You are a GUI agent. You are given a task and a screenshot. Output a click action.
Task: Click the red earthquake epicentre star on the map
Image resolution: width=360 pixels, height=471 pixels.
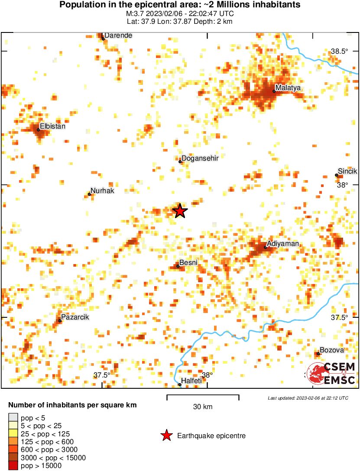click(x=180, y=211)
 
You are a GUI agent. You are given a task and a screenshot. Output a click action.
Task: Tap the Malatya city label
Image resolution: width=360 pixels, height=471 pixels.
click(x=289, y=88)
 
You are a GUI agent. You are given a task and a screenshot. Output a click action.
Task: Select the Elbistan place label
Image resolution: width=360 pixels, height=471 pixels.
click(x=53, y=126)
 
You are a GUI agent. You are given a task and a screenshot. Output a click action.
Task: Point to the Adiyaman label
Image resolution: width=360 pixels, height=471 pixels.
click(x=283, y=244)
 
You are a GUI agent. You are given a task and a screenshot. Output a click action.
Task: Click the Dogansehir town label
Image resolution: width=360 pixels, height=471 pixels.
click(x=200, y=158)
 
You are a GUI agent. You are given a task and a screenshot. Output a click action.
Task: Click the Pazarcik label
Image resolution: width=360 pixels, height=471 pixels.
click(x=75, y=317)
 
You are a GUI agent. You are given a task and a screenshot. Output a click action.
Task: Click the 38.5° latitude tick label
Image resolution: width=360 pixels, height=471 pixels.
click(x=340, y=51)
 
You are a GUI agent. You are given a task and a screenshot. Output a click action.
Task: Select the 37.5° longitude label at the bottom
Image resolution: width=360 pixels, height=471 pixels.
click(x=102, y=375)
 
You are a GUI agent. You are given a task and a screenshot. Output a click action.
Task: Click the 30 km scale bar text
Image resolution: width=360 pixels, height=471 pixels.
click(x=203, y=407)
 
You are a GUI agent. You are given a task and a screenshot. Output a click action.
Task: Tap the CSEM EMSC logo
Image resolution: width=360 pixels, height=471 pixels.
click(x=332, y=373)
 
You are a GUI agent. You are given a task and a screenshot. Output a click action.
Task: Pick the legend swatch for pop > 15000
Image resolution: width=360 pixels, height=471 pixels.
click(x=13, y=466)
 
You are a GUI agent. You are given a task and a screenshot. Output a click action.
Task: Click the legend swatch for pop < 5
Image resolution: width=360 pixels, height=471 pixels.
click(x=13, y=418)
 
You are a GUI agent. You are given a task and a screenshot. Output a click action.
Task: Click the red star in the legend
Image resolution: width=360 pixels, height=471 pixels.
click(x=166, y=436)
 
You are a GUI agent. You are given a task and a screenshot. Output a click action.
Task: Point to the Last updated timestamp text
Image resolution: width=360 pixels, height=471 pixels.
click(x=308, y=398)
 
